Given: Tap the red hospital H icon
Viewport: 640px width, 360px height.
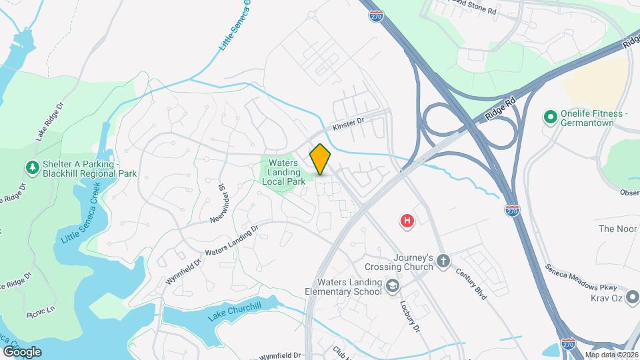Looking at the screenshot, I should click(x=407, y=221).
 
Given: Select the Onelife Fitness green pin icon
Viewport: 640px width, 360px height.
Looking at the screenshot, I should click(x=551, y=118).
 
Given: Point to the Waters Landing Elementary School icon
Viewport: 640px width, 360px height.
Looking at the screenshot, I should click(x=393, y=286).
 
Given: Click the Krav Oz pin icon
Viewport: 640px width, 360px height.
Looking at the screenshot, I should click(x=631, y=297).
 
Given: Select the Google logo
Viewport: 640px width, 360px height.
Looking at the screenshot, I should click(x=22, y=351).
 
